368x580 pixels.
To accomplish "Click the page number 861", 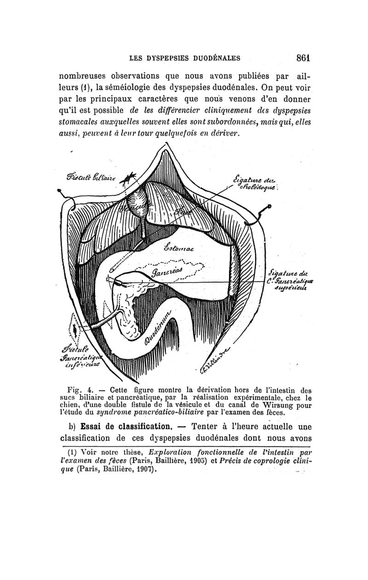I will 304,58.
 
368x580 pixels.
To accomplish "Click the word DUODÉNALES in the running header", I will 214,58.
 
